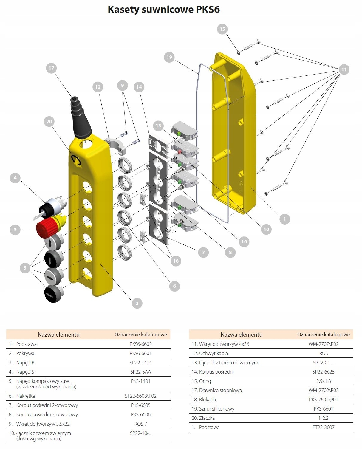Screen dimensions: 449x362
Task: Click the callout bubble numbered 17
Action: coord(51,68)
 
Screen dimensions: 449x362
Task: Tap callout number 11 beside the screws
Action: coord(344,69)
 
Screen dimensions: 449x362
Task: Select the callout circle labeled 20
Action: coord(49,121)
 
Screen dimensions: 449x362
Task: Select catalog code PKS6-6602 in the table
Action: coord(140,344)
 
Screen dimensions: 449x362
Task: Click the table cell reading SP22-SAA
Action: coord(140,372)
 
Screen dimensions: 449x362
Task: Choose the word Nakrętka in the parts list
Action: coord(26,396)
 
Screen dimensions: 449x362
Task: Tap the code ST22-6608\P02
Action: coord(140,396)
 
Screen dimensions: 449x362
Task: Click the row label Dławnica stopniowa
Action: coord(220,390)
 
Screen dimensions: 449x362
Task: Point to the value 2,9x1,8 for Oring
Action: coord(323,381)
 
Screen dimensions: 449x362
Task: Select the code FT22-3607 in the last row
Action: coord(323,427)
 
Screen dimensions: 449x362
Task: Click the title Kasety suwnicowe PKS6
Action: coord(164,10)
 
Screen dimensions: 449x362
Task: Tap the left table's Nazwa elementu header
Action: coord(58,335)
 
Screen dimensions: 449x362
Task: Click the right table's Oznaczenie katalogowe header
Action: coord(323,335)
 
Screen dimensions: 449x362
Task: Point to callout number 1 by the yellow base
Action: coord(284,219)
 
